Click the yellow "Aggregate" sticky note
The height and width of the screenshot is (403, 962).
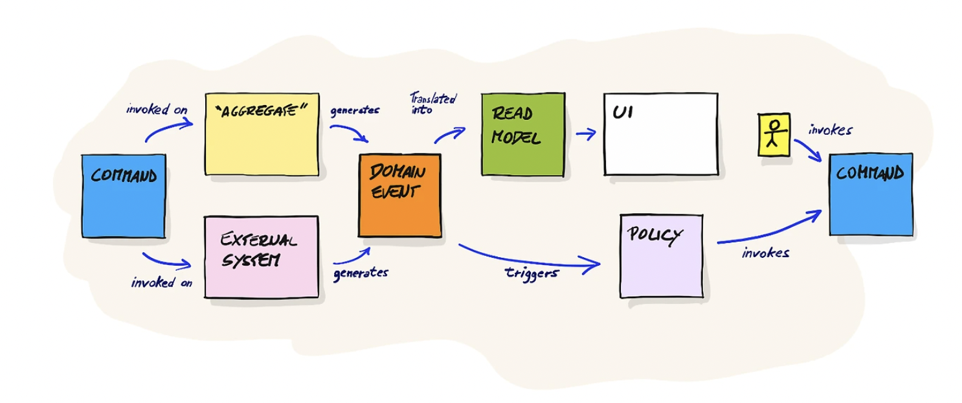coord(262,134)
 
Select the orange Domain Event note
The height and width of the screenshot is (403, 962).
coord(399,195)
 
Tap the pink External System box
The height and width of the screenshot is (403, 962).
coord(261,257)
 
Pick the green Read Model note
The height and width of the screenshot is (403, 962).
coord(522,134)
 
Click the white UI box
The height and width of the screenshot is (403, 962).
coord(660,134)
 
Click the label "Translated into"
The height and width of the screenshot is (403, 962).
coord(432,104)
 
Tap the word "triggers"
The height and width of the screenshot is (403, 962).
coord(531,273)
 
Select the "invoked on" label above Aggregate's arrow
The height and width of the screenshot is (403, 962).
coord(157,109)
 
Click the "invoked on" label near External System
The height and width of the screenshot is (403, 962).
coord(161,282)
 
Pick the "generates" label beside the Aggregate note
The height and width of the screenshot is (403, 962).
coord(355,110)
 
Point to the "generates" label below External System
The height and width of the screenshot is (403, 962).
coord(361,273)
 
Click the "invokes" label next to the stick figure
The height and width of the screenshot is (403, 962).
coord(830,130)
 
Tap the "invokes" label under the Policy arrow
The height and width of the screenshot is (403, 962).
coord(765,253)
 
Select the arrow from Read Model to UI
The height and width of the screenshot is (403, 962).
coord(585,134)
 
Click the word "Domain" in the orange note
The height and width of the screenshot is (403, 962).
coord(397,172)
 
